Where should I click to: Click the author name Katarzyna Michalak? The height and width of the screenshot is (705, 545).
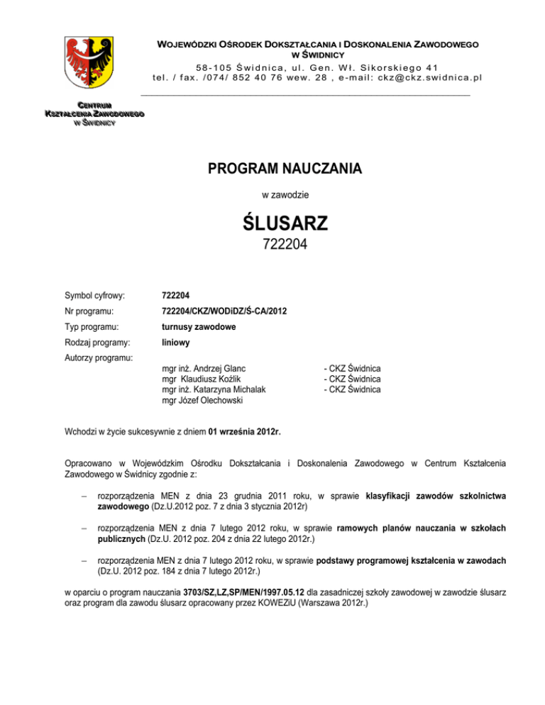[226, 390]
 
